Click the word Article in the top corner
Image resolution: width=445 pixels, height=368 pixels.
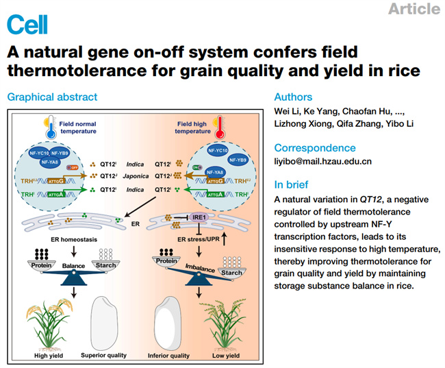point(414,9)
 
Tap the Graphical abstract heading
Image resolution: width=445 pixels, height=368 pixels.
point(52,97)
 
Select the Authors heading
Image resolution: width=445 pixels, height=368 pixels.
point(293,97)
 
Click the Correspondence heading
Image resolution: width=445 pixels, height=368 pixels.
point(315,147)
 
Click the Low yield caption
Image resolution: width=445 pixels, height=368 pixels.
point(225,356)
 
